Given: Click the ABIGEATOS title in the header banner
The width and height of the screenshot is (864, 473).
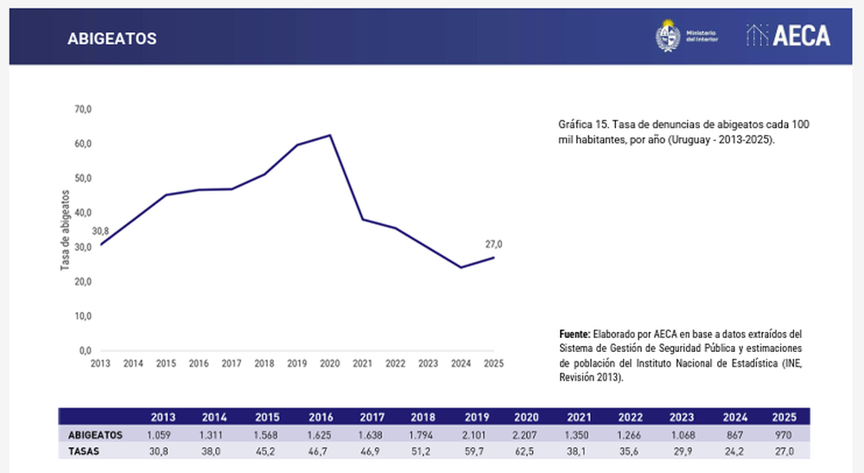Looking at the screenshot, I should click(111, 39).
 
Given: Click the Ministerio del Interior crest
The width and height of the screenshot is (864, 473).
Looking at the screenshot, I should click(668, 35).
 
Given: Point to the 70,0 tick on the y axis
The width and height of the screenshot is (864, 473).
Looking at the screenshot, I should click(83, 109).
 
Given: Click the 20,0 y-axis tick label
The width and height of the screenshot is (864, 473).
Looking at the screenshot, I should click(83, 282).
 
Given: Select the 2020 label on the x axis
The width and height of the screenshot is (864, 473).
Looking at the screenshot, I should click(330, 364).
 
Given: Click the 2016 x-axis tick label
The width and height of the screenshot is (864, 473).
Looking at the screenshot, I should click(199, 364).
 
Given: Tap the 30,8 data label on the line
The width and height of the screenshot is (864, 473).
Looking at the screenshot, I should click(100, 232).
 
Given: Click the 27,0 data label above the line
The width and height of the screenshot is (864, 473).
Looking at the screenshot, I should click(493, 245).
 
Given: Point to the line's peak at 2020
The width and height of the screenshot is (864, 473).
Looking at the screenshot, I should click(330, 135).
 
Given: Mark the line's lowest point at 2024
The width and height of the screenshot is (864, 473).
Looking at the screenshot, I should click(461, 267).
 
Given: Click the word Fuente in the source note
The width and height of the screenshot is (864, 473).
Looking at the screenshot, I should click(575, 334).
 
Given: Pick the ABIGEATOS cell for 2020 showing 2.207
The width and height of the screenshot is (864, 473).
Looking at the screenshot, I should click(526, 435).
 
